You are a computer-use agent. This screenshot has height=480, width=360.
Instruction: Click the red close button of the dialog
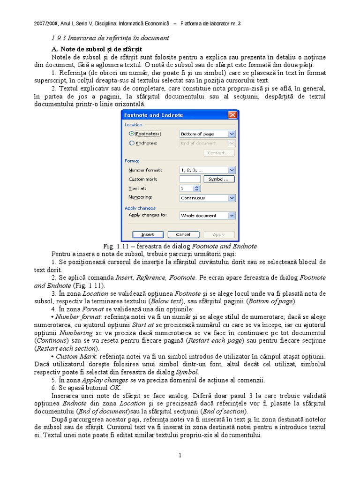(x=232, y=115)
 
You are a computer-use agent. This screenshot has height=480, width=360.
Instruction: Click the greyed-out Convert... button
(x=219, y=153)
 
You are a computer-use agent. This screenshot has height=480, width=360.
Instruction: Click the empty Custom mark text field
(x=190, y=179)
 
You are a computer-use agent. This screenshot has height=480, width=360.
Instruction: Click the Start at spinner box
(x=190, y=188)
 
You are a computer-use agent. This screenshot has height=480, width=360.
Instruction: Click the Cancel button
(x=183, y=234)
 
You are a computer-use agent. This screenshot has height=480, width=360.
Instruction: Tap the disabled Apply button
(x=218, y=234)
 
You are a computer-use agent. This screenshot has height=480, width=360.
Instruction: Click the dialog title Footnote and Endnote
(x=153, y=115)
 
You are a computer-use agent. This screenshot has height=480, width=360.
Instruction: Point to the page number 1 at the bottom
(x=180, y=455)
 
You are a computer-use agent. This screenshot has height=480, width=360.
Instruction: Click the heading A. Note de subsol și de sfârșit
(x=97, y=49)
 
